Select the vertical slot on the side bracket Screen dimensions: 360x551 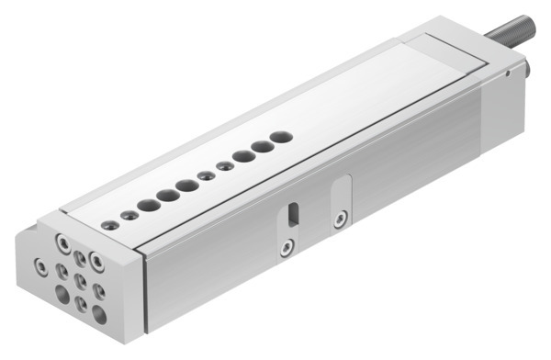(x=291, y=213)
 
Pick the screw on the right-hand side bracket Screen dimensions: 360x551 (x=341, y=219)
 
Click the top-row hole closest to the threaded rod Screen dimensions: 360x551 (x=282, y=137)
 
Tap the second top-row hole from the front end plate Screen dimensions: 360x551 (x=130, y=215)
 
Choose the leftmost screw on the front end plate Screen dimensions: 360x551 (x=39, y=265)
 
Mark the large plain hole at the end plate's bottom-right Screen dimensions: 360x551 (x=99, y=314)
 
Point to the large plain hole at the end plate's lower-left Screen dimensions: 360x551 (x=62, y=294)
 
